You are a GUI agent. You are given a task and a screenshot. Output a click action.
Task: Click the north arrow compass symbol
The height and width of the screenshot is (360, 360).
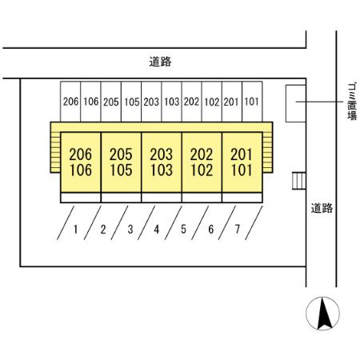322,314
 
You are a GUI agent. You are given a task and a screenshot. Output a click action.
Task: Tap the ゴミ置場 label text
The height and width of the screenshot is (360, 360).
352,102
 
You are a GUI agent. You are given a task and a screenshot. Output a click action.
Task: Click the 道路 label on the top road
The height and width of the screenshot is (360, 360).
160,62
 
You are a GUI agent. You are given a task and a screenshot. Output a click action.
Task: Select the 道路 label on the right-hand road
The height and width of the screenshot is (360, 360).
322,208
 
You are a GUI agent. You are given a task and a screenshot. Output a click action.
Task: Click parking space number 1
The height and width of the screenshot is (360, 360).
76,230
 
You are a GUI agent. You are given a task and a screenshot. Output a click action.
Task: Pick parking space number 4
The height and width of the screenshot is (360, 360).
157,230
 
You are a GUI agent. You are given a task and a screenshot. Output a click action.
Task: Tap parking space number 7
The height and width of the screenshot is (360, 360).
238,230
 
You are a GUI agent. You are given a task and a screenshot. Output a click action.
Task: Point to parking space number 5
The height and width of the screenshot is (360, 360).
183,230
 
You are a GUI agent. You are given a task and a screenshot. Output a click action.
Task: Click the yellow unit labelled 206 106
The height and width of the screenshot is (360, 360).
81,162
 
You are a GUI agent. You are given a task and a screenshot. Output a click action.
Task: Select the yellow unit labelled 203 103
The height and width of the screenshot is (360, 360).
162,162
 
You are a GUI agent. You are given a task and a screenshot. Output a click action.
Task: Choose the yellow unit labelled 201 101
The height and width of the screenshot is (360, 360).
242,162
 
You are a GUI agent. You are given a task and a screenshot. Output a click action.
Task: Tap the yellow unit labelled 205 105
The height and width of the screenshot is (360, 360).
121,162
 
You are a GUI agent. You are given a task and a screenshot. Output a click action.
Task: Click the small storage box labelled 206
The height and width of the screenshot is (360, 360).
70,102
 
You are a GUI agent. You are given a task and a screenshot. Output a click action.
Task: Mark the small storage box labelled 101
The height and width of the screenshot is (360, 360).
252,102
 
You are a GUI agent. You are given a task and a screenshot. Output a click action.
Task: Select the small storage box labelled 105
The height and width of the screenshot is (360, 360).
131,102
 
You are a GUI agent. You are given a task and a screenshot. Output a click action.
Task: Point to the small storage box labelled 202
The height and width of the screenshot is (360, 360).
191,102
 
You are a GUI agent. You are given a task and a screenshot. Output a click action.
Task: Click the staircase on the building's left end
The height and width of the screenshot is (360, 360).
55,153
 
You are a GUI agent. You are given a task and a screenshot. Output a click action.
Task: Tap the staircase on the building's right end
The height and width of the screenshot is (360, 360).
267,153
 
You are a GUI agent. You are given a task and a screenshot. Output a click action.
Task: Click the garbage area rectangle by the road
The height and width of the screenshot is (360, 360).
295,103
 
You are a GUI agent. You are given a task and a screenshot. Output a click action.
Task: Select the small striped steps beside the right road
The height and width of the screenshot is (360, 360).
299,181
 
